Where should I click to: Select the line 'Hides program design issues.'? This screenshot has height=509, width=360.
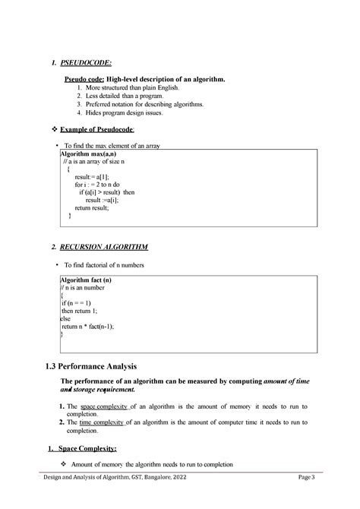pos(123,112)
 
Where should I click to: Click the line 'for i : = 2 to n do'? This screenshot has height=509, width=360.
pos(96,185)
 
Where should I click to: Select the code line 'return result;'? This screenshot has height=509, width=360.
pos(92,207)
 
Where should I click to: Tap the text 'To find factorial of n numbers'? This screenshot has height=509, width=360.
pos(104,265)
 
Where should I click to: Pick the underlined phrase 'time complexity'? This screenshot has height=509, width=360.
pos(104,422)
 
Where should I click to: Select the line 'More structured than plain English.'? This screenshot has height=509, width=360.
pos(131,88)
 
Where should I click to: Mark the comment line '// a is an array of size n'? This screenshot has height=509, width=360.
pos(94,162)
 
